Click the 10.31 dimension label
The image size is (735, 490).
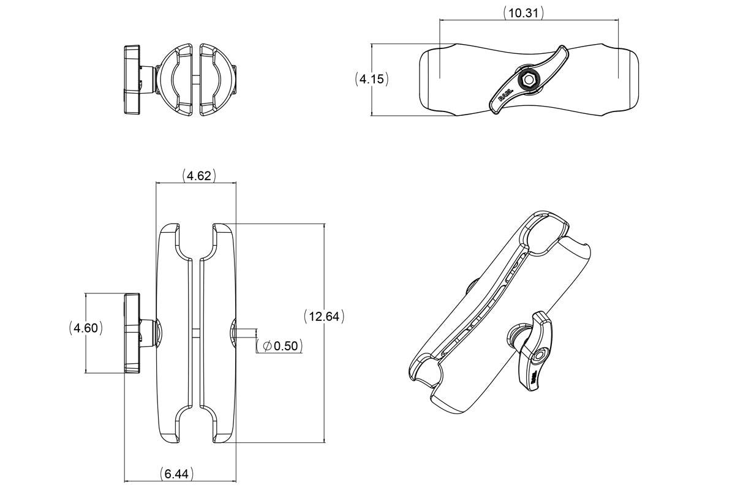(x=524, y=13)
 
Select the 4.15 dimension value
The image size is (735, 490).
(x=372, y=79)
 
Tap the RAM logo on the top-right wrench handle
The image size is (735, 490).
(x=505, y=96)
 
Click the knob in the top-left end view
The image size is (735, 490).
(x=133, y=80)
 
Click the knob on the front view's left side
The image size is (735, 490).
(x=133, y=333)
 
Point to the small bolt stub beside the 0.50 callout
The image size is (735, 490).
(x=244, y=333)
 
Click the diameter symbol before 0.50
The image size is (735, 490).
(x=266, y=346)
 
